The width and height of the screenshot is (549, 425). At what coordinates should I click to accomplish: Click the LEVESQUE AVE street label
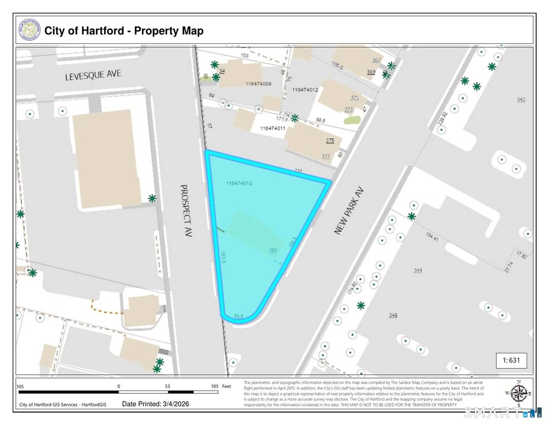pyautogui.click(x=93, y=75)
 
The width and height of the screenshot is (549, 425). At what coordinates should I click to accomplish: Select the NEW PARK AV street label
pyautogui.click(x=350, y=210)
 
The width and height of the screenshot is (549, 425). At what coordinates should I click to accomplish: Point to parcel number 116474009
pyautogui.click(x=258, y=83)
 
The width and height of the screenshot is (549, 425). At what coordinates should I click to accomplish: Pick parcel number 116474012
pyautogui.click(x=305, y=90)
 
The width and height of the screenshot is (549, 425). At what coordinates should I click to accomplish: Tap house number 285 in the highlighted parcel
pyautogui.click(x=273, y=250)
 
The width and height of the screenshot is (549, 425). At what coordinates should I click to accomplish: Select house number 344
pyautogui.click(x=418, y=270)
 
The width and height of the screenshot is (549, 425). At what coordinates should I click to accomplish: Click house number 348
pyautogui.click(x=393, y=316)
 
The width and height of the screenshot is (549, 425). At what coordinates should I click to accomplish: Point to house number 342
pyautogui.click(x=521, y=99)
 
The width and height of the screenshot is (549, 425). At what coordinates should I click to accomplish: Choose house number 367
pyautogui.click(x=376, y=60)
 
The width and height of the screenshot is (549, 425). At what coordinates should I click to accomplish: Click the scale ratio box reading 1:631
pyautogui.click(x=511, y=360)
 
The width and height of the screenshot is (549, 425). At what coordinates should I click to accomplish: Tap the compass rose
pyautogui.click(x=518, y=393)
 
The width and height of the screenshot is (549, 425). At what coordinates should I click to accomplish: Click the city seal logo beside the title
pyautogui.click(x=29, y=31)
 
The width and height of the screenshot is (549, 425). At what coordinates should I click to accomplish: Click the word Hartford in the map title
pyautogui.click(x=99, y=31)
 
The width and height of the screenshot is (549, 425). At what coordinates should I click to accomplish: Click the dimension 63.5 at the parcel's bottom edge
pyautogui.click(x=239, y=316)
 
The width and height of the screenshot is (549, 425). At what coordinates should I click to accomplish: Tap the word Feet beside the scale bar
pyautogui.click(x=226, y=386)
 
